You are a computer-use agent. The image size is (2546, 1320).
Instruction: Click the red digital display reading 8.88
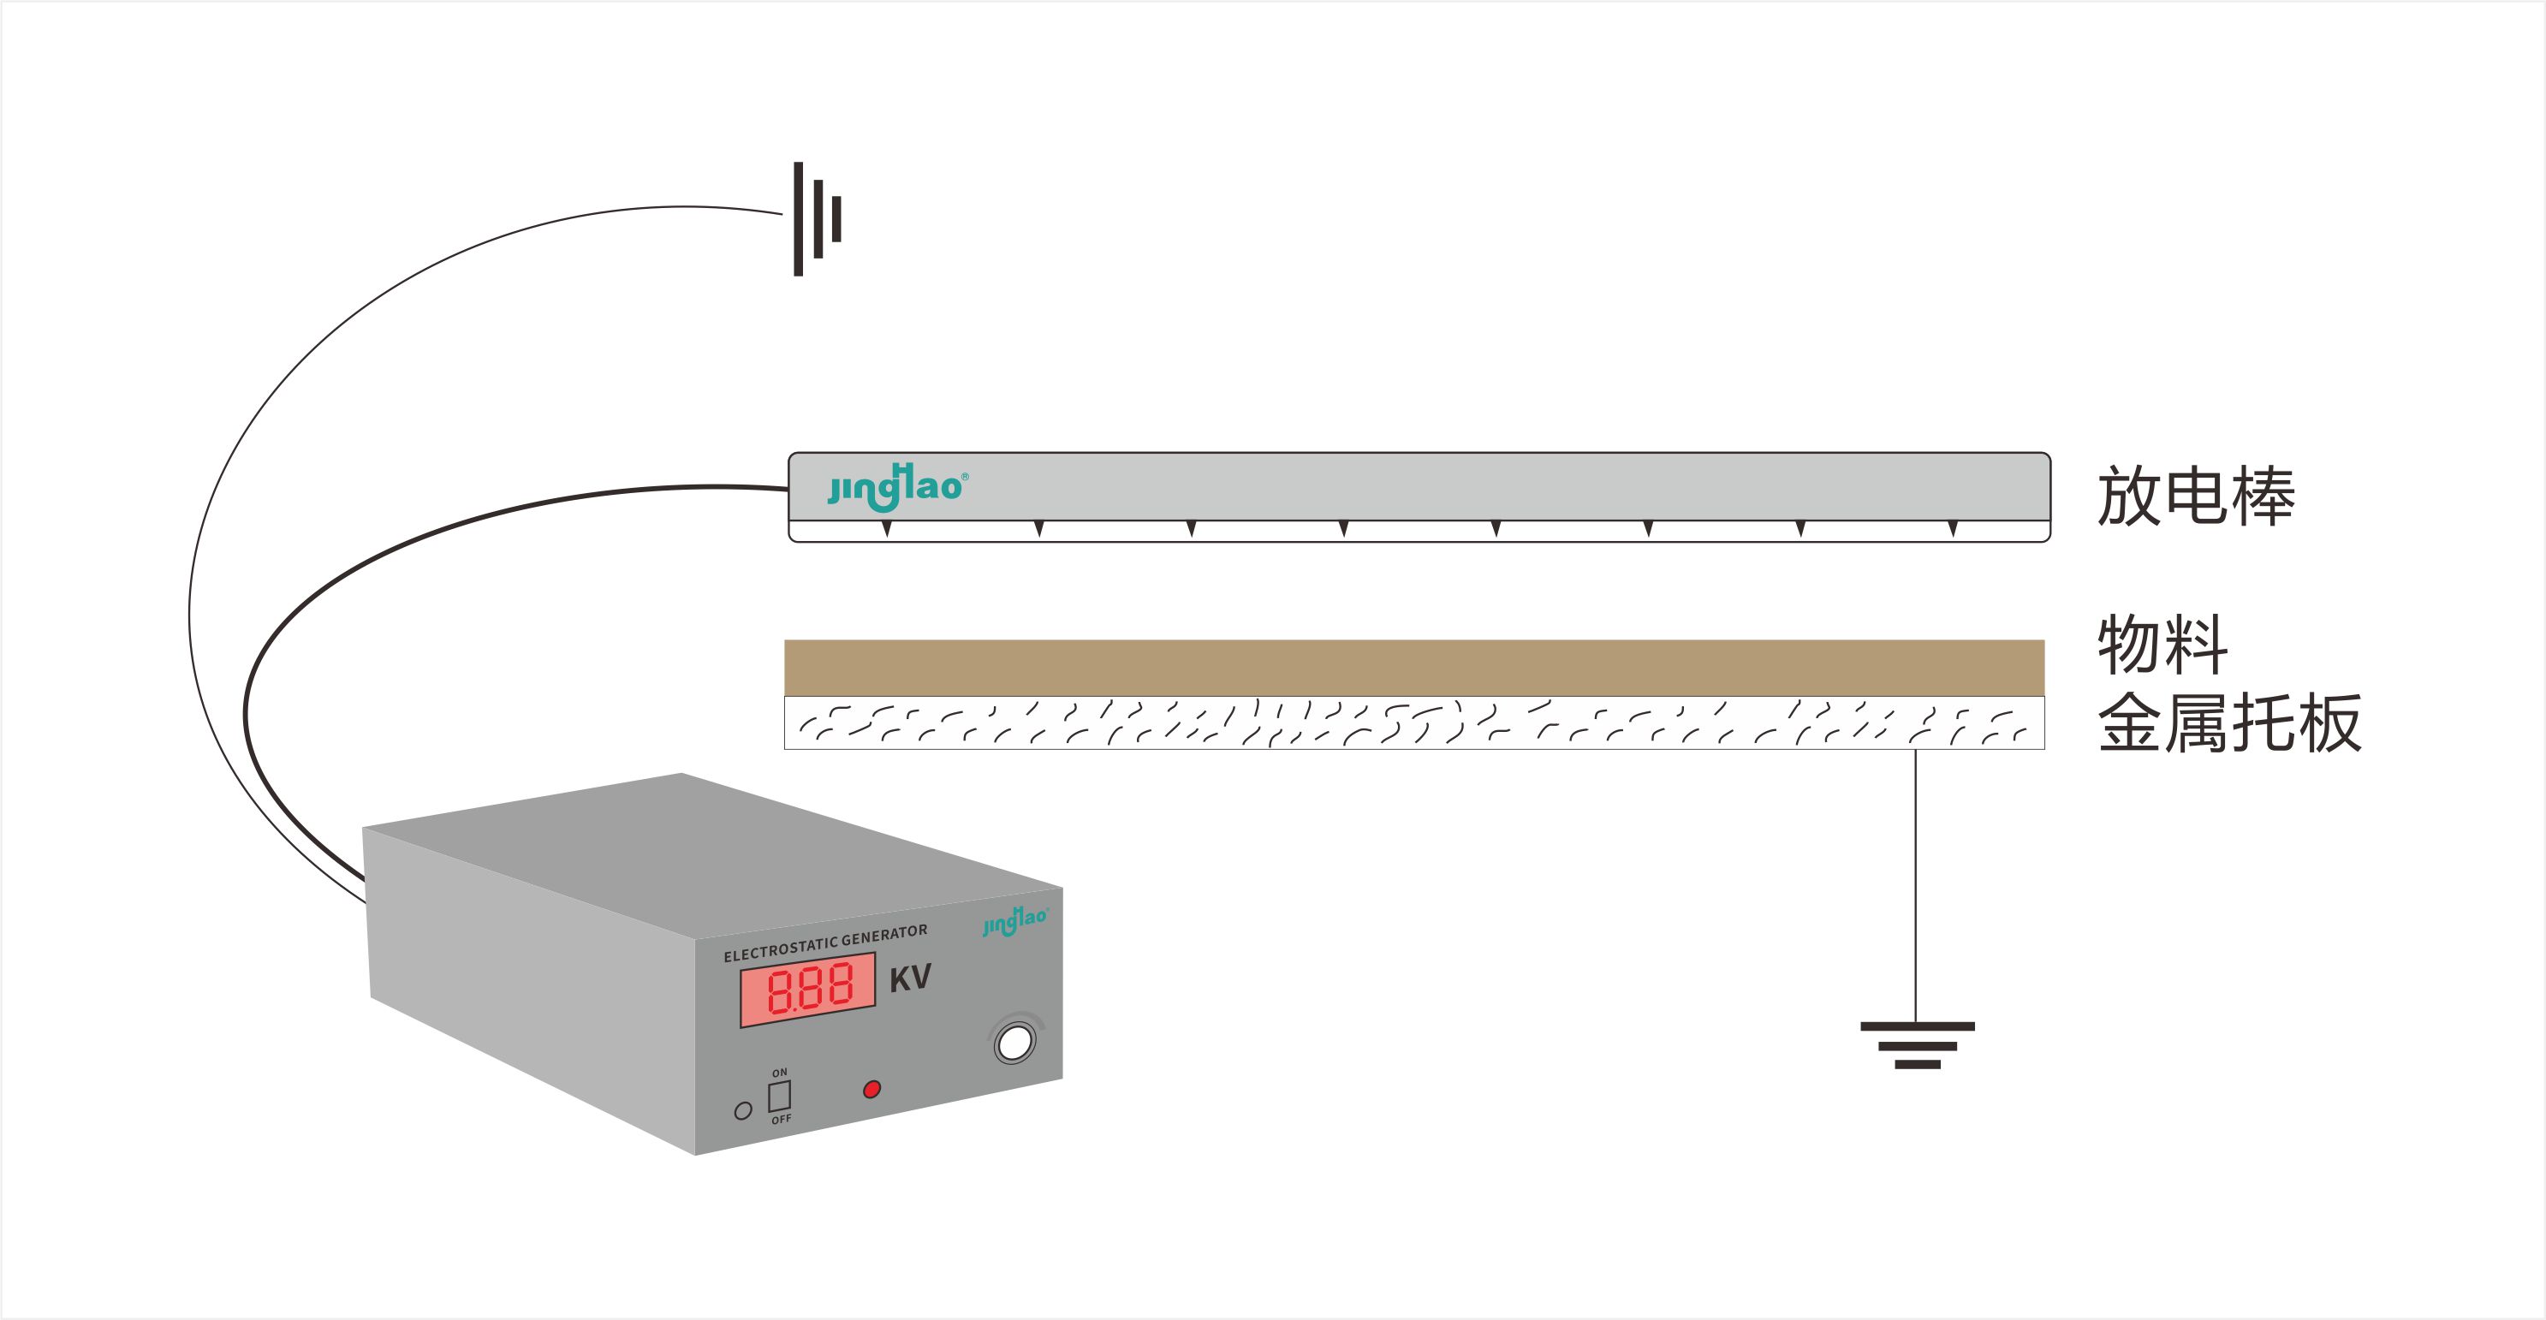tap(807, 989)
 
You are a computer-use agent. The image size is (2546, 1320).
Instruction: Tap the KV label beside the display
tap(910, 978)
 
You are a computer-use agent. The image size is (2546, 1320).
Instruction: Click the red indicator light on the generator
tap(871, 1089)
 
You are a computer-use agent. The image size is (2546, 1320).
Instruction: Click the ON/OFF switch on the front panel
tap(780, 1096)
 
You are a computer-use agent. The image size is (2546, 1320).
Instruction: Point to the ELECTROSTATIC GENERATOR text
tap(825, 942)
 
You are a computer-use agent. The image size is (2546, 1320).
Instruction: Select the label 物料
tap(2162, 645)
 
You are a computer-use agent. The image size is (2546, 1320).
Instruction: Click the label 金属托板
tap(2228, 723)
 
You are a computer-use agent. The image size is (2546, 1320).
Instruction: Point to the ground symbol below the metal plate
tap(1918, 1044)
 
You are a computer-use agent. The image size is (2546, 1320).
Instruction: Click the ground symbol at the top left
tap(817, 218)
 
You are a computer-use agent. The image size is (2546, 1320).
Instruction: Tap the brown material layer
tap(1413, 667)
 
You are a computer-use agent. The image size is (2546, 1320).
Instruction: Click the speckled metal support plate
tap(1413, 722)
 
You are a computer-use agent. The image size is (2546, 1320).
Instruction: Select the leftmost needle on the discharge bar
tap(887, 528)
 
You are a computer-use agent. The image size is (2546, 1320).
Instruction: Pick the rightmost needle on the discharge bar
tap(1953, 528)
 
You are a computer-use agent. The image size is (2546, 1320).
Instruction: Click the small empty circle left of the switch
tap(743, 1110)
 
